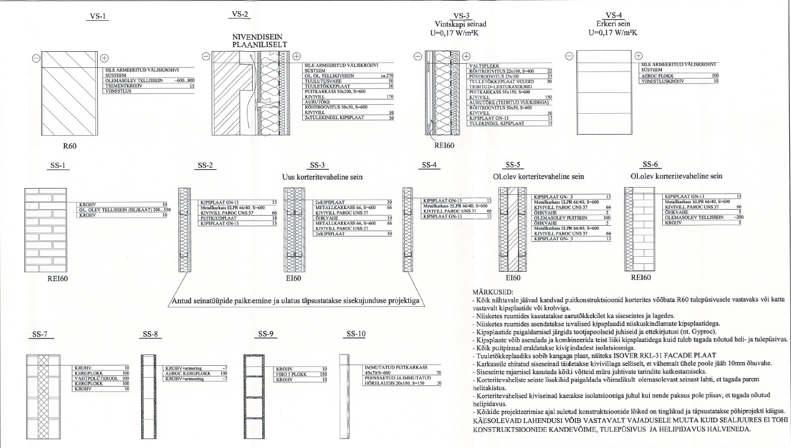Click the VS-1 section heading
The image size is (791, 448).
95,16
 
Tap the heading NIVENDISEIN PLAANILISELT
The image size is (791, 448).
260,41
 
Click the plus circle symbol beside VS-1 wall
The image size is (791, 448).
105,58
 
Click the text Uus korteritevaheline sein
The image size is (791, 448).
322,177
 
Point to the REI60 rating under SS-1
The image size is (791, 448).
57,278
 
